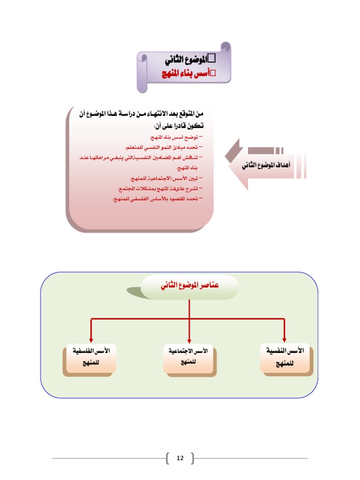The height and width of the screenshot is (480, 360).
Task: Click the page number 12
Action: (x=180, y=458)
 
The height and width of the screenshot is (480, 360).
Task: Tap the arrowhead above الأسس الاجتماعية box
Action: (x=189, y=339)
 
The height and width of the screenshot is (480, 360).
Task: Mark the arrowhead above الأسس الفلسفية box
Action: (x=91, y=339)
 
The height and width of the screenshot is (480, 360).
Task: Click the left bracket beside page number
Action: (x=168, y=458)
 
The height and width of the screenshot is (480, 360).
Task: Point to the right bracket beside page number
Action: (x=192, y=458)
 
